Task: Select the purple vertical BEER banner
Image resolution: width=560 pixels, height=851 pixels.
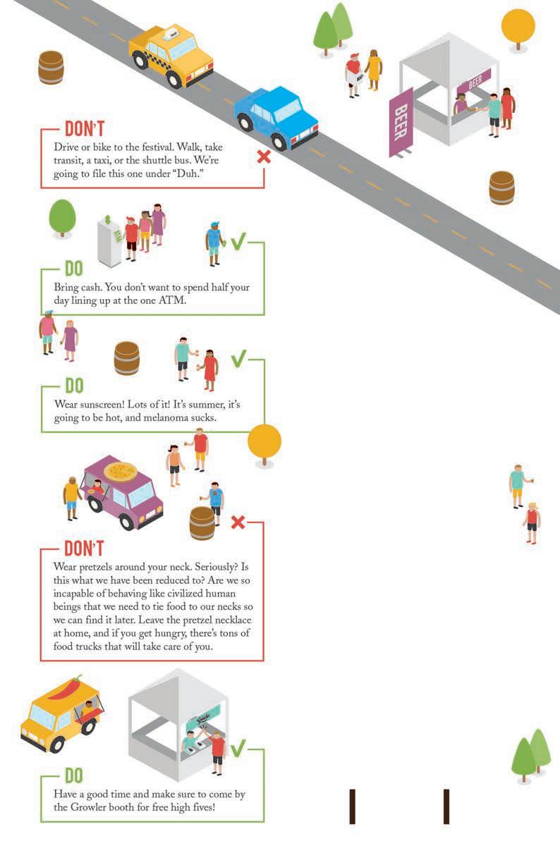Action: (x=401, y=121)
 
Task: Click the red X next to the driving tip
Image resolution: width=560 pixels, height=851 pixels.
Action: (x=264, y=156)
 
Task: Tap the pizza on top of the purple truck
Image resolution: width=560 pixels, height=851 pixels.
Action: (x=121, y=471)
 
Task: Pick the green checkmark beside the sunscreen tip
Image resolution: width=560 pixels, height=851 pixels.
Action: (x=238, y=359)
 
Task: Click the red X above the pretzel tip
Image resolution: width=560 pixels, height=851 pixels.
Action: (x=238, y=522)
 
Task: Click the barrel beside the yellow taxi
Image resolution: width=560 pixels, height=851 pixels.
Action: (x=51, y=68)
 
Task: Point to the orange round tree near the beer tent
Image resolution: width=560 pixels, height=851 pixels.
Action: (x=518, y=27)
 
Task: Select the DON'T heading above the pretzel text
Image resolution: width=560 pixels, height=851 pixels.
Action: (x=84, y=549)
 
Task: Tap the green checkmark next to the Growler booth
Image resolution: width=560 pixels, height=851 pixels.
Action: (x=238, y=748)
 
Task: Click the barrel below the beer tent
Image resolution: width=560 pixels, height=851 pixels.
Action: (x=501, y=188)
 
